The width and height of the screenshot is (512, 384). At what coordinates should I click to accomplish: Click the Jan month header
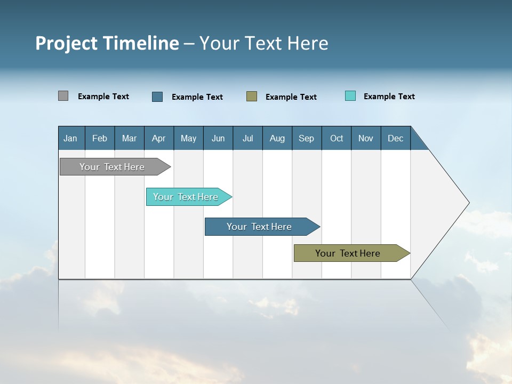click(71, 138)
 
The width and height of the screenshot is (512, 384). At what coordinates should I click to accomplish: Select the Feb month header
click(100, 138)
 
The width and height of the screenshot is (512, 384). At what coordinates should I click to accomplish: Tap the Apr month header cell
click(159, 138)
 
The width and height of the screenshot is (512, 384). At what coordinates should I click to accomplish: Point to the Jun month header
click(218, 138)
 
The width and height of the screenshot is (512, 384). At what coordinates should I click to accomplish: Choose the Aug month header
click(277, 138)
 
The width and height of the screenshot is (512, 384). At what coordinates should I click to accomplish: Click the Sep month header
click(307, 138)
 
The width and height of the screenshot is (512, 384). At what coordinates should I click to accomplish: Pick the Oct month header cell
click(337, 138)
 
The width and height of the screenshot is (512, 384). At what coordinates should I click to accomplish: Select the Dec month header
click(396, 138)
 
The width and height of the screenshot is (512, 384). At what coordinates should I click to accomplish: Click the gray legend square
click(63, 96)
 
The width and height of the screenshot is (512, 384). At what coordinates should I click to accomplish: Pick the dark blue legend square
click(157, 97)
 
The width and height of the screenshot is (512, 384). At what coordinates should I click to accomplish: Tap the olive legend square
click(252, 96)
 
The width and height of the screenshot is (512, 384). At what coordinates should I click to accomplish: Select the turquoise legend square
click(350, 96)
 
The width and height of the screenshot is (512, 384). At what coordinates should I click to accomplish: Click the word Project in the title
click(67, 43)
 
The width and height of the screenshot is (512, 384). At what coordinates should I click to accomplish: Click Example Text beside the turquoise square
click(389, 97)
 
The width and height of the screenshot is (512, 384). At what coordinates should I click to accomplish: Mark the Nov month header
click(366, 138)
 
